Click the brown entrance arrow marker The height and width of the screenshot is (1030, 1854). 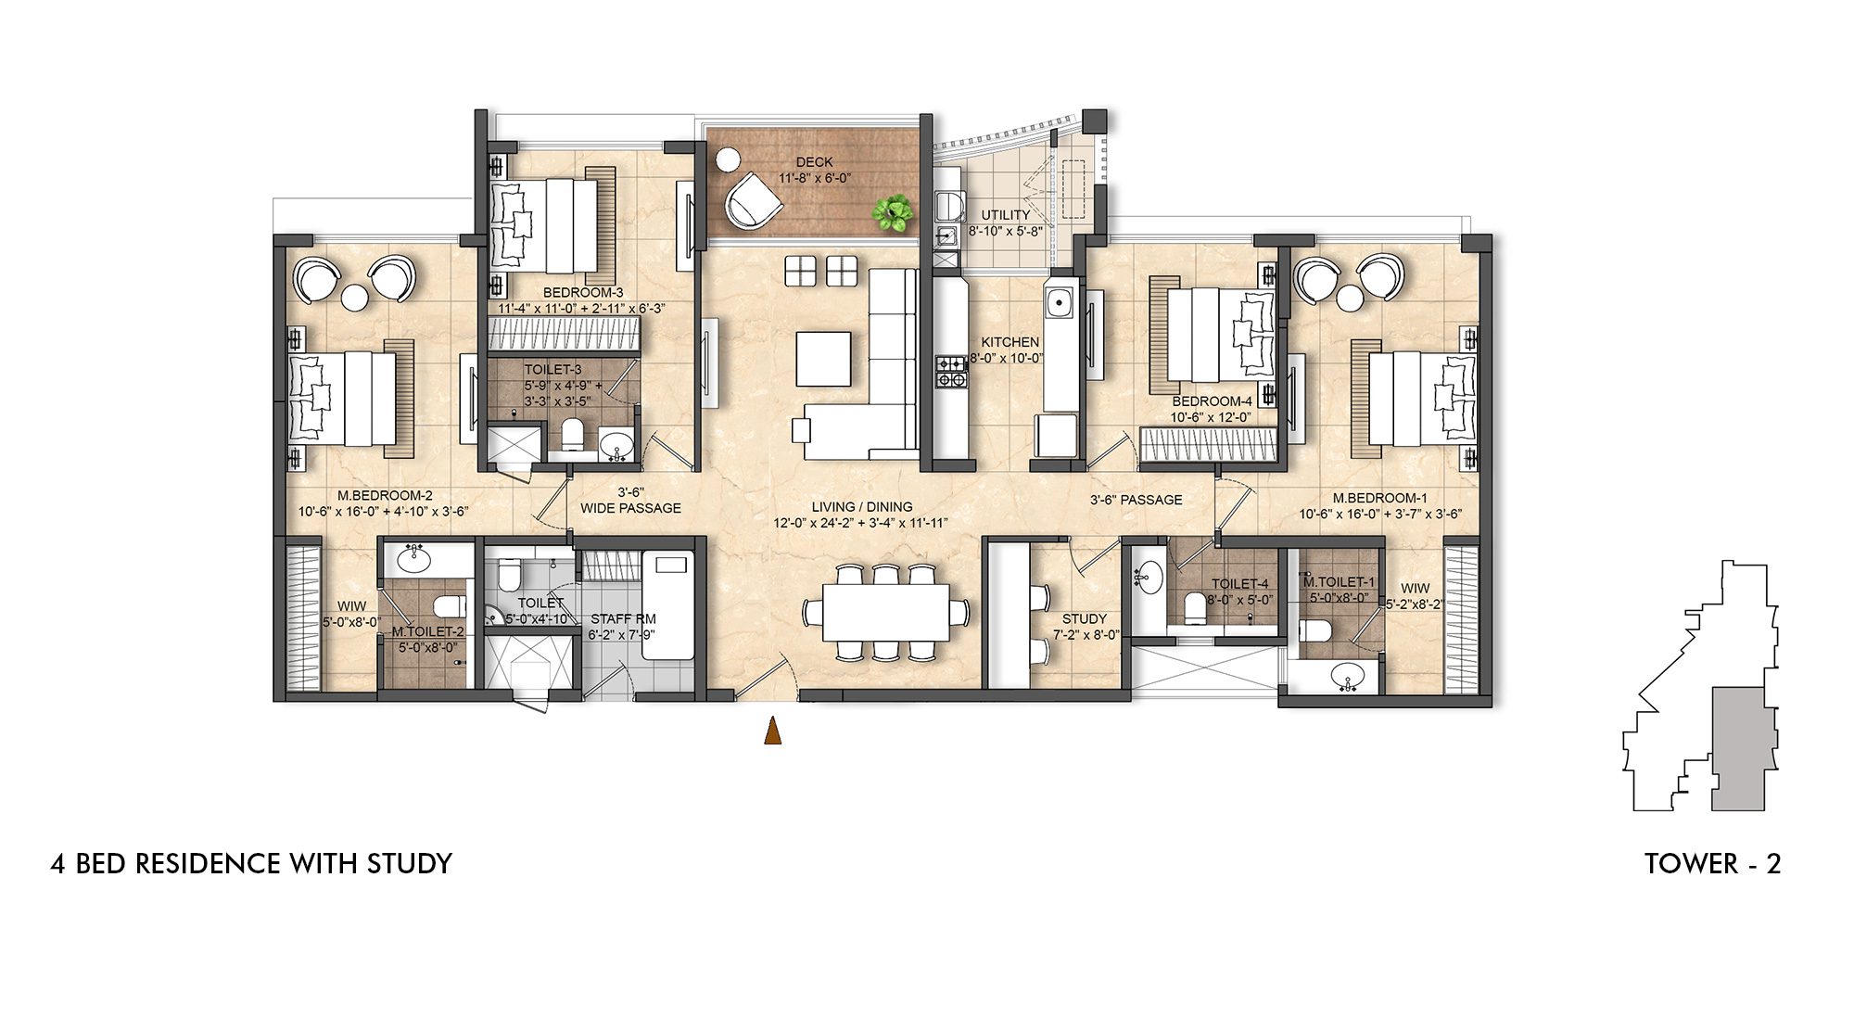click(x=771, y=731)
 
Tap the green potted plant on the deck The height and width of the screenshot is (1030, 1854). click(x=893, y=213)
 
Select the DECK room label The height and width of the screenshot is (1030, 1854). click(x=814, y=162)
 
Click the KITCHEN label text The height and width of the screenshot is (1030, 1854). click(x=1010, y=342)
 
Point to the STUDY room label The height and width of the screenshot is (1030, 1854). click(x=1084, y=618)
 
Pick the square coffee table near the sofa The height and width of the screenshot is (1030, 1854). click(x=823, y=359)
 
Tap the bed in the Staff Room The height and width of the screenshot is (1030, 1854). click(x=667, y=604)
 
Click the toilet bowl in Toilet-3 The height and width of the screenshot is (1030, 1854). click(x=572, y=435)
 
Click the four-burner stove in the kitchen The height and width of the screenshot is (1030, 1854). click(x=951, y=371)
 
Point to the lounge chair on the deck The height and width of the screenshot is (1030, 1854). click(x=753, y=201)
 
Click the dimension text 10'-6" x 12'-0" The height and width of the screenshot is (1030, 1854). click(x=1211, y=417)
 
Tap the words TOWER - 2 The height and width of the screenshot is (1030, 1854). click(x=1712, y=864)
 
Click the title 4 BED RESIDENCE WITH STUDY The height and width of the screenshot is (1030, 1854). click(x=251, y=864)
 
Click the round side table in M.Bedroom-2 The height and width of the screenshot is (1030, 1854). click(x=354, y=298)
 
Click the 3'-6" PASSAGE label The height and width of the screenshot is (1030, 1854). click(x=1136, y=500)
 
